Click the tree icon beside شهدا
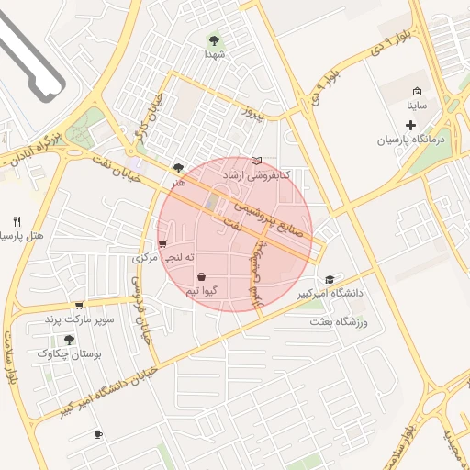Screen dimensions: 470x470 click(x=214, y=40)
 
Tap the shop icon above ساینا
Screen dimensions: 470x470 click(x=418, y=92)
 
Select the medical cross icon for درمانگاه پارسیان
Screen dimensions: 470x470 click(x=410, y=124)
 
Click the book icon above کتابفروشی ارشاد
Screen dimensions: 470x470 click(x=256, y=161)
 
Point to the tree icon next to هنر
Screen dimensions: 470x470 click(x=178, y=168)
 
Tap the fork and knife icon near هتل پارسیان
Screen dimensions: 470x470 click(x=17, y=221)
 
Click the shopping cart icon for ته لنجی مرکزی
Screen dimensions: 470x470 click(x=162, y=244)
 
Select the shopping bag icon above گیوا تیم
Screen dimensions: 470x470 click(x=201, y=276)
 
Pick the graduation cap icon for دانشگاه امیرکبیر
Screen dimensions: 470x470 click(x=330, y=279)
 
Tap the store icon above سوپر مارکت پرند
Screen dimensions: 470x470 click(x=79, y=305)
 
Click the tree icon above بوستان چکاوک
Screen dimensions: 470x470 click(x=70, y=340)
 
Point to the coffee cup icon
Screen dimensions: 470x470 click(x=98, y=434)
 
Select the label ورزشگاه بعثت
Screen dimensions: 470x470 click(x=338, y=322)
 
